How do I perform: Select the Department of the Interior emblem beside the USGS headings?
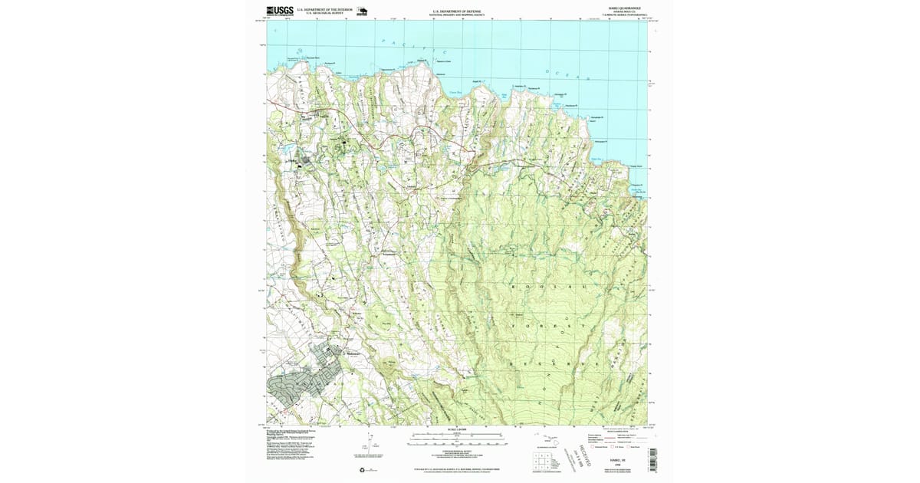pyautogui.click(x=361, y=11)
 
